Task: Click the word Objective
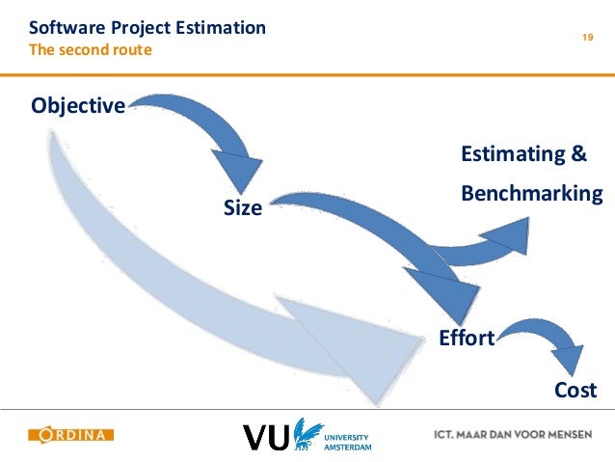78,105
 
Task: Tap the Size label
243,206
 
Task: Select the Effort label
467,338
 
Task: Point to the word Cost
575,390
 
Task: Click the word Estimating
511,154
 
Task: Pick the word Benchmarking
532,194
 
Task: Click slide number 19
586,38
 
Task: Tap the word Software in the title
66,28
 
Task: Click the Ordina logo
71,435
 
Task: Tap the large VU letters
265,437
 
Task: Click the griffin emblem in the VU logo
307,434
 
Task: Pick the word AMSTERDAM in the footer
348,447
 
